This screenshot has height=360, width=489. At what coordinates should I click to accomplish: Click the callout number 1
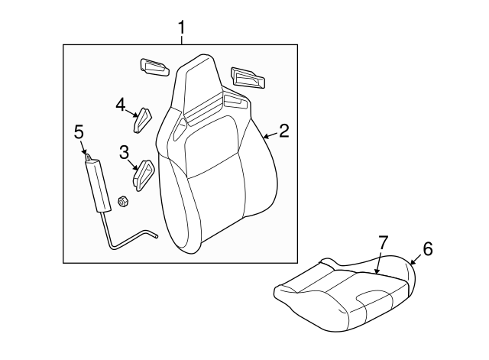[182, 29]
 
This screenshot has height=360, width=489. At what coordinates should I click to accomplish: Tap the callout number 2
[283, 131]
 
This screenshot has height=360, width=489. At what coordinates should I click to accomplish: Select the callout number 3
[124, 153]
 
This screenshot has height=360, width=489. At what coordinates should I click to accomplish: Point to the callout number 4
[121, 104]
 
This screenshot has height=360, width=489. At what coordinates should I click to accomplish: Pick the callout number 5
[79, 132]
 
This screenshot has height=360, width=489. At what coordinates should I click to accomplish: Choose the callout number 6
[427, 248]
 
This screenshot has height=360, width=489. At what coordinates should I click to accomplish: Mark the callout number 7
[383, 243]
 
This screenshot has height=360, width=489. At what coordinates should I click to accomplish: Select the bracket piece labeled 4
[143, 119]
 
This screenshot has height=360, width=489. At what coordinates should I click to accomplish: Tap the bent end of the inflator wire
[151, 236]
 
